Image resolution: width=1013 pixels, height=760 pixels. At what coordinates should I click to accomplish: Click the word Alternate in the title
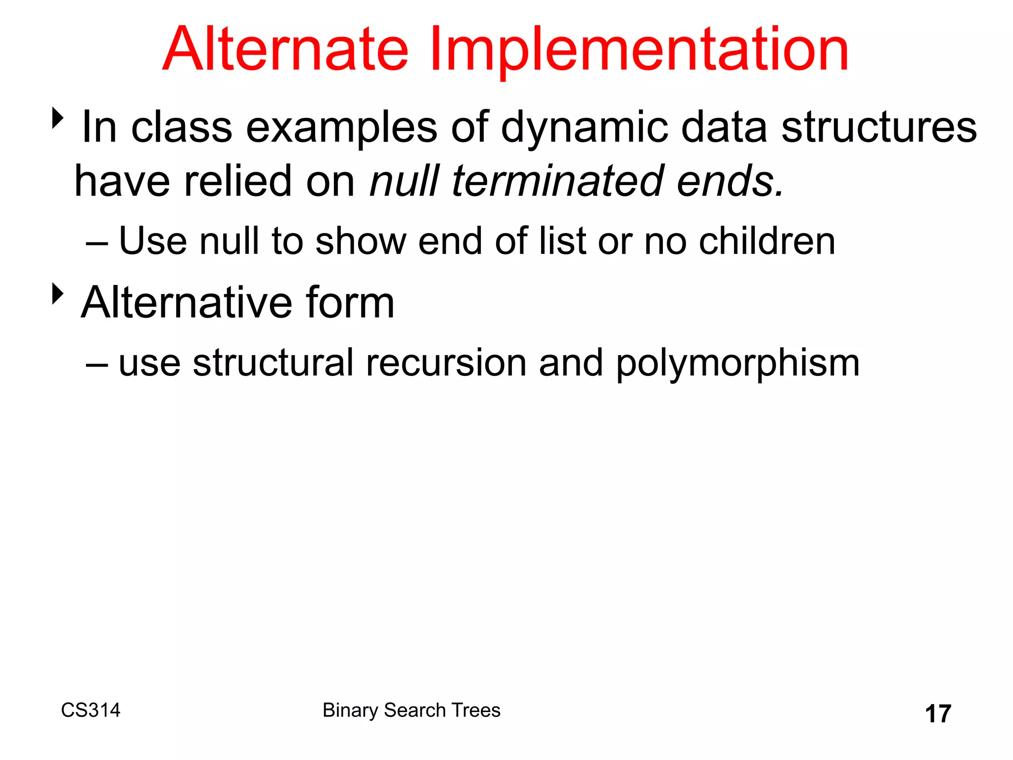coord(285,50)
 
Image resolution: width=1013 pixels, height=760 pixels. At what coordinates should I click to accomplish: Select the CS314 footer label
coord(91,710)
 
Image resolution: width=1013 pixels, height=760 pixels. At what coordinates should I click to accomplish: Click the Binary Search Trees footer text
coord(412,710)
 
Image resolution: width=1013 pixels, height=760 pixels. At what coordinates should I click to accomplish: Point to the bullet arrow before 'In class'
coord(58,119)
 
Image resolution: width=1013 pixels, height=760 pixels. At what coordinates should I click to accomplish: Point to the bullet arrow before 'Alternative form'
coord(58,294)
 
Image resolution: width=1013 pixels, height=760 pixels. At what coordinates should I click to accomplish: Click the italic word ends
coord(730,181)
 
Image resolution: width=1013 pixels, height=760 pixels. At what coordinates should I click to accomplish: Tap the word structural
coord(273,363)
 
